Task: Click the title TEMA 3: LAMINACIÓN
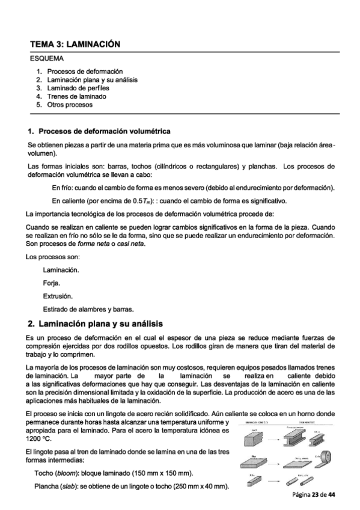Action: pos(75,45)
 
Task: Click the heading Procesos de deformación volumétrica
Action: pos(105,131)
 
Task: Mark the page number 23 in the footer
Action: pos(315,494)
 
